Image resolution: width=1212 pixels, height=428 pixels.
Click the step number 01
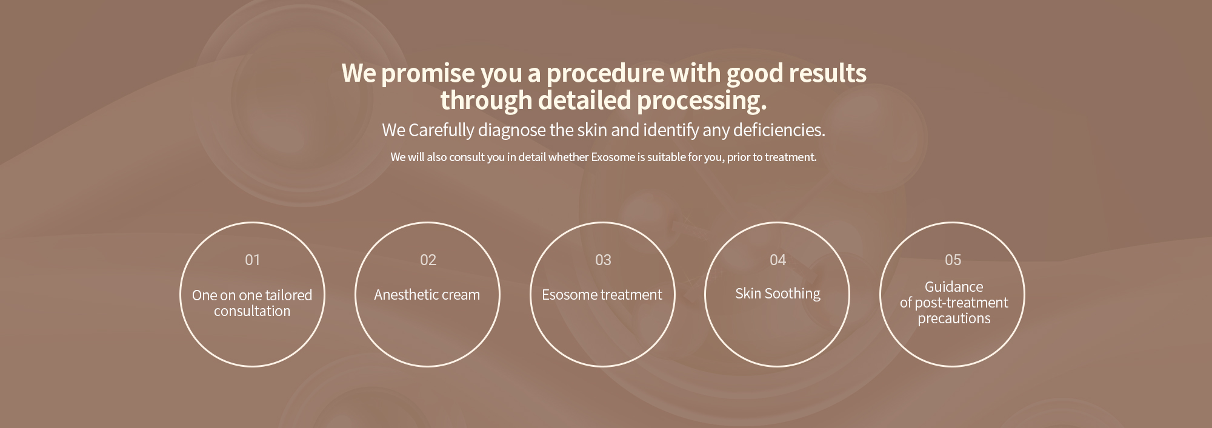pyautogui.click(x=252, y=260)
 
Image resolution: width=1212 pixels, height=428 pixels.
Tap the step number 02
pyautogui.click(x=428, y=260)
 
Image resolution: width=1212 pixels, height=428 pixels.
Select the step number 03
pyautogui.click(x=603, y=260)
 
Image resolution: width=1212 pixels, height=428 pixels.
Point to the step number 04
pyautogui.click(x=777, y=260)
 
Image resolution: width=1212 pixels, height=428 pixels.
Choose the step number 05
pyautogui.click(x=953, y=260)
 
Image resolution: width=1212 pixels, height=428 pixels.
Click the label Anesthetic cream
pyautogui.click(x=427, y=295)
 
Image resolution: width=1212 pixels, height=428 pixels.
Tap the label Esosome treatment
pyautogui.click(x=602, y=295)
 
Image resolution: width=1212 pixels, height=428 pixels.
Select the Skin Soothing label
pyautogui.click(x=777, y=294)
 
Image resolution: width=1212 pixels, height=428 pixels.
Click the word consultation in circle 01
pyautogui.click(x=252, y=311)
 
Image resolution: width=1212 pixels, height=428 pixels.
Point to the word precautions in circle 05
pyautogui.click(x=954, y=319)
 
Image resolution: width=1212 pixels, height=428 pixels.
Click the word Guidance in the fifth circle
pyautogui.click(x=954, y=287)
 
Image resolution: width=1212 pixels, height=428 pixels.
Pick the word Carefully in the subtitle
pyautogui.click(x=441, y=130)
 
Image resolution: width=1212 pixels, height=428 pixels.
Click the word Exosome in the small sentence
pyautogui.click(x=613, y=157)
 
